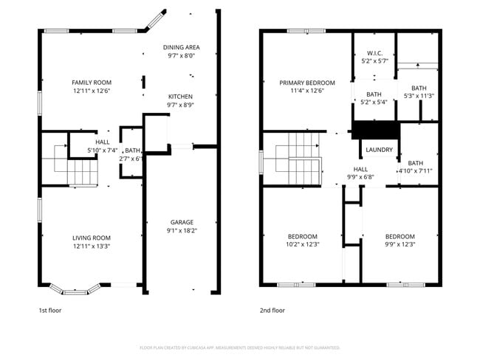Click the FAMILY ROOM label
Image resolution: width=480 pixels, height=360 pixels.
92,82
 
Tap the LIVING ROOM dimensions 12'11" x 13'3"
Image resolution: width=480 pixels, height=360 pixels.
92,246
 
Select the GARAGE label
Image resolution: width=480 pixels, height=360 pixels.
181,221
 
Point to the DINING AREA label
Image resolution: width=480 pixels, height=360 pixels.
181,47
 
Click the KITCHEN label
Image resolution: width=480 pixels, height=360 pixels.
180,97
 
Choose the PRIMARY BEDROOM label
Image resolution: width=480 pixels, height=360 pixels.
307,83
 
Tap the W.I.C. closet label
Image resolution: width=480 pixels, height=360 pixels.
374,53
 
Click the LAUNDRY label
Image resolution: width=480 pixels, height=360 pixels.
379,150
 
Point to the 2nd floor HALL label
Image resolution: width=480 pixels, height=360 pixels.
360,169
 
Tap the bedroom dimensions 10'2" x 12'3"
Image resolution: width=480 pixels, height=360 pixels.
303,245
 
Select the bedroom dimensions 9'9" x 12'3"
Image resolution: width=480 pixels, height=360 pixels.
400,245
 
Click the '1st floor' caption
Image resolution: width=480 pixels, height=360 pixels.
50,311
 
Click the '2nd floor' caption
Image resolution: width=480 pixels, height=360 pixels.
272,311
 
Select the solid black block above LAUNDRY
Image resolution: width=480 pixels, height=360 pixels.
375,130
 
